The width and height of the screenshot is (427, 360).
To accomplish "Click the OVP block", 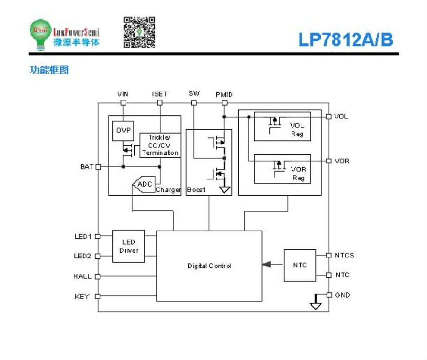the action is click(123, 131).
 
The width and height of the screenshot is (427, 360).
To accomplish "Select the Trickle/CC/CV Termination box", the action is click(160, 145).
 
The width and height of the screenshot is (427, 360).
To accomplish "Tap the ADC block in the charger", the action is click(144, 184).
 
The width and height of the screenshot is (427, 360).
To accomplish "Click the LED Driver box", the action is click(129, 246).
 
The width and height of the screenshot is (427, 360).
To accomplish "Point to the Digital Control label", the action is click(209, 265).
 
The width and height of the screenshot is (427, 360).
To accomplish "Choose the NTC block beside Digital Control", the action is click(300, 265).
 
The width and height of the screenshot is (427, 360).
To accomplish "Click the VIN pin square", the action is click(123, 103).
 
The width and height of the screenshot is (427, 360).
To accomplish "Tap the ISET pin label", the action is click(160, 94).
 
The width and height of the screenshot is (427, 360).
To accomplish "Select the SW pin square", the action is click(194, 103).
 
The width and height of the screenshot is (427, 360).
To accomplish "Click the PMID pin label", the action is click(224, 95).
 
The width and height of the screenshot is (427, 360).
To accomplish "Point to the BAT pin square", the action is click(98, 167).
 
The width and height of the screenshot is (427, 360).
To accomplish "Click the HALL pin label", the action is click(83, 276).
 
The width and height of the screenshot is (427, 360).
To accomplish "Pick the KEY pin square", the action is click(97, 296).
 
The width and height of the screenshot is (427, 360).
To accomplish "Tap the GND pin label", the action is click(342, 295).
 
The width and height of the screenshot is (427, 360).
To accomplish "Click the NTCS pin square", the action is click(329, 255).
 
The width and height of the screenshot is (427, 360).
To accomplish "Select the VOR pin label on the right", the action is click(342, 161).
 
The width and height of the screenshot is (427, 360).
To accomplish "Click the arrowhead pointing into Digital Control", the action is click(267, 265).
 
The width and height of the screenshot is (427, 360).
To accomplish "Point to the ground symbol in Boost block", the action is click(225, 189).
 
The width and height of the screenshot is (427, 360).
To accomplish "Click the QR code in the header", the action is click(139, 32).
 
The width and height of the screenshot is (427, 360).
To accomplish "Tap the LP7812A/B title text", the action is click(346, 39).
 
